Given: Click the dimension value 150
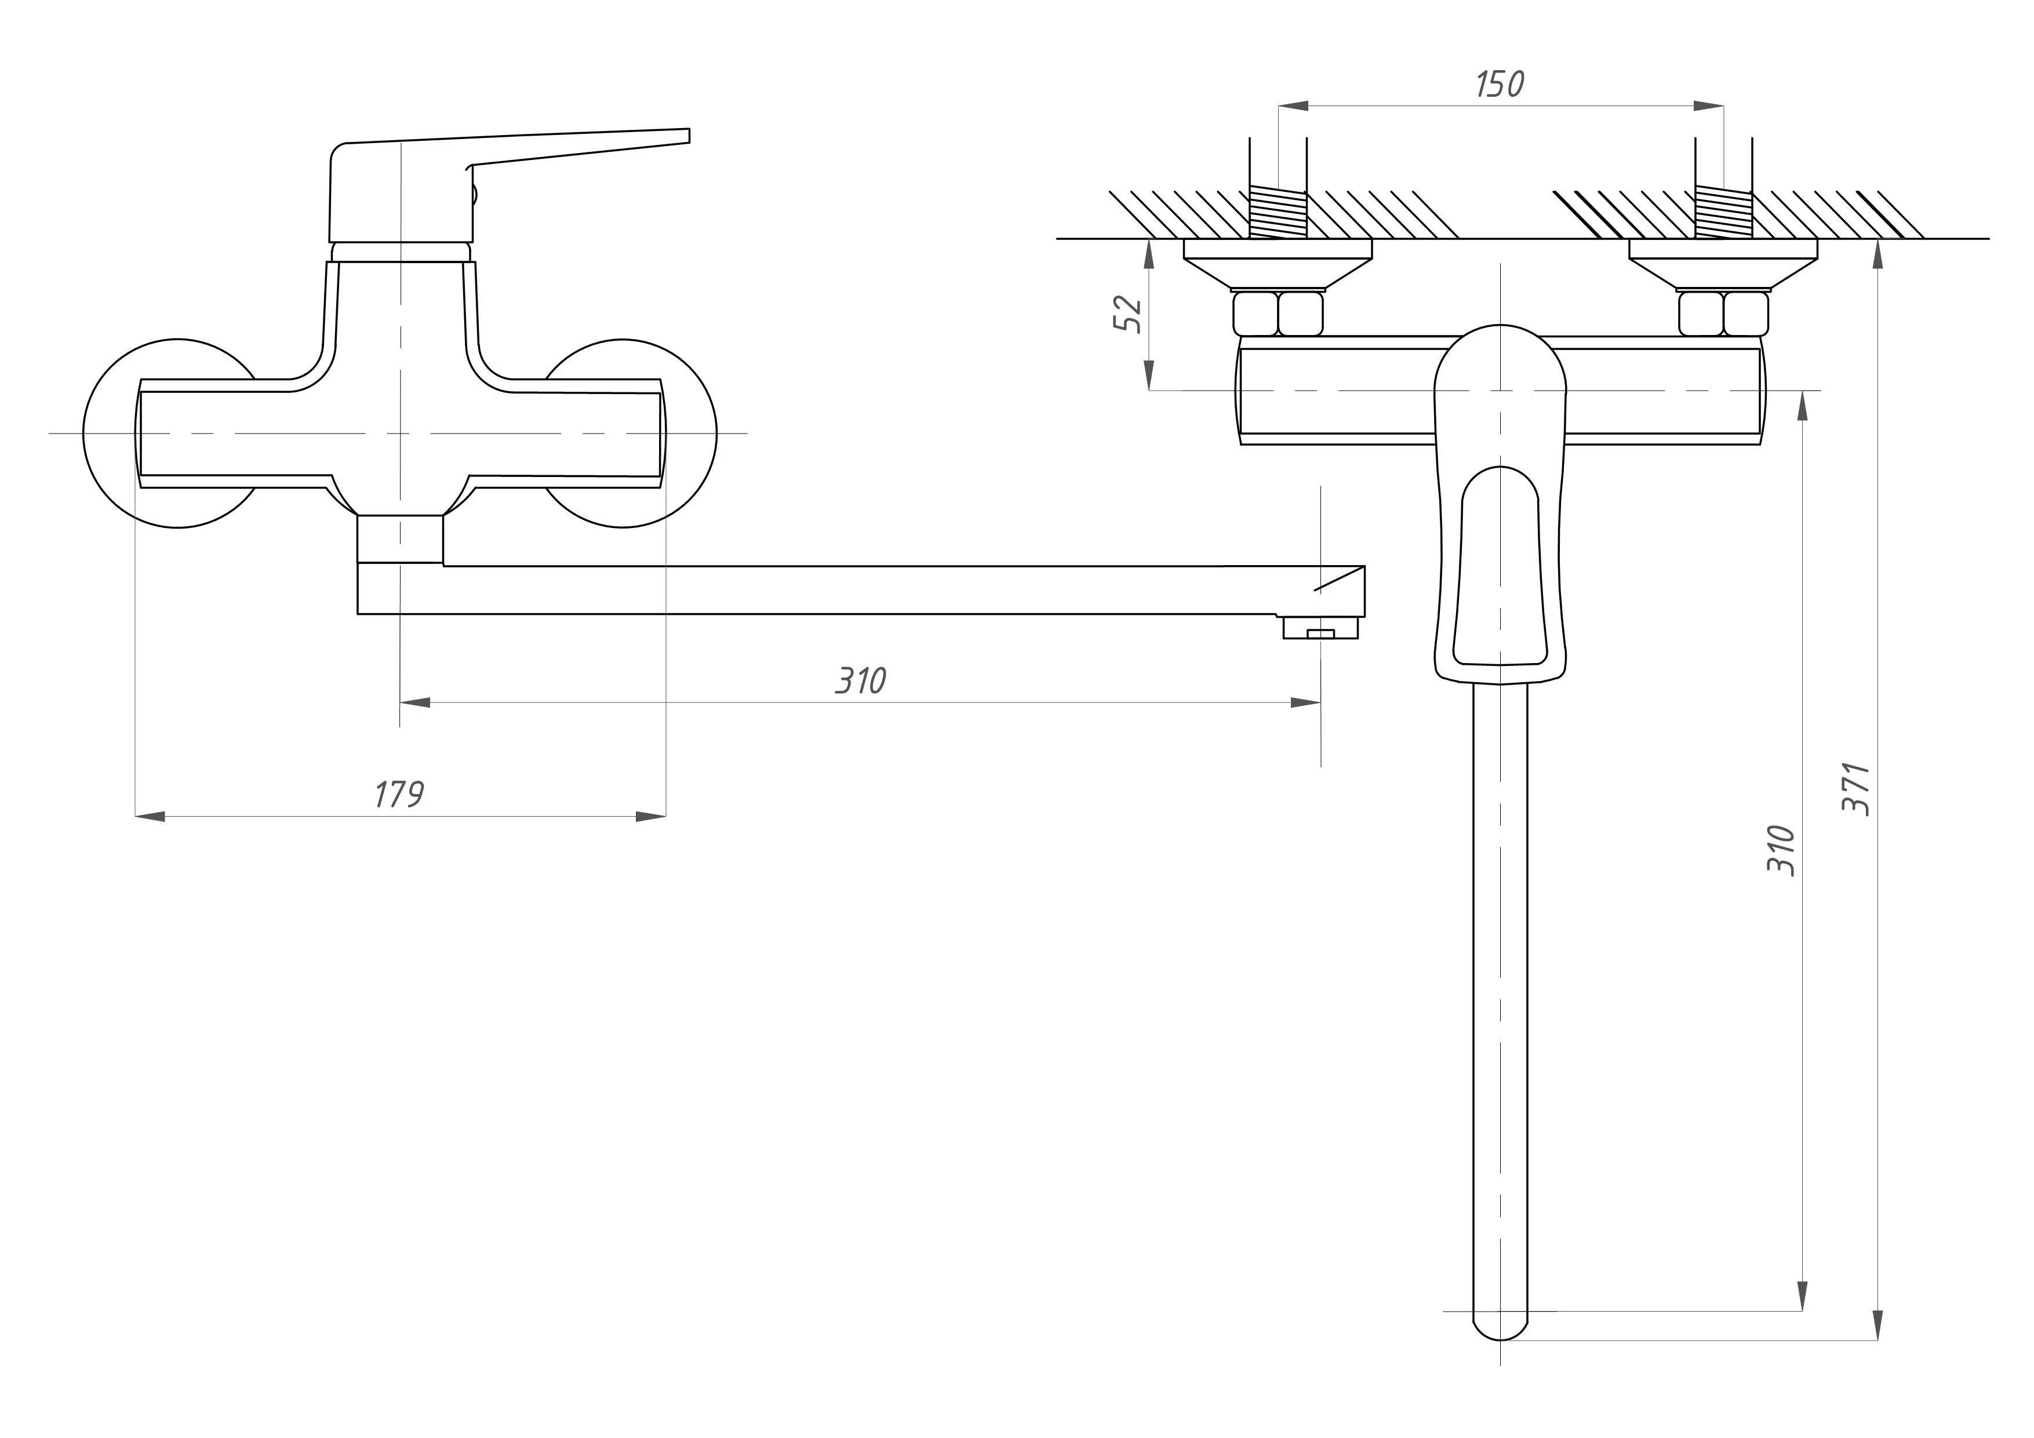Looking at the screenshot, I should tap(1500, 84).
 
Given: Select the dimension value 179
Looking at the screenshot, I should tap(399, 795).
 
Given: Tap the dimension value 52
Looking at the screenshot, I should tap(1128, 314).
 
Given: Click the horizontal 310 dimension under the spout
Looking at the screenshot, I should tap(860, 680).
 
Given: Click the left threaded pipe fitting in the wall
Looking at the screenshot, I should tap(1278, 213).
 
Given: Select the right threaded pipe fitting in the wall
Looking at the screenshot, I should tap(1723, 213).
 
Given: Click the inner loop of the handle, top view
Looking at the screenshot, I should tap(1500, 567).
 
